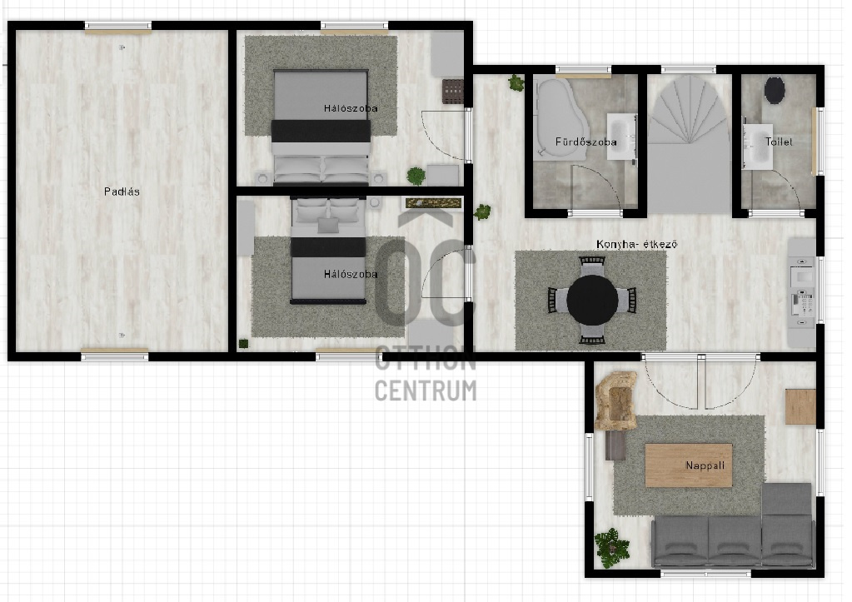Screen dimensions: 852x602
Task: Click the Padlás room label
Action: tap(122, 192)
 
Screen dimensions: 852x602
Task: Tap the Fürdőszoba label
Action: tap(585, 142)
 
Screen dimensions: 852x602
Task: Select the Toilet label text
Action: tap(779, 142)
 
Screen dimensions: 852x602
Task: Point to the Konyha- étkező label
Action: tap(637, 244)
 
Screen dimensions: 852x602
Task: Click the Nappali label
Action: tap(705, 465)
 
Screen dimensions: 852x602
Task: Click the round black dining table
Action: tap(592, 300)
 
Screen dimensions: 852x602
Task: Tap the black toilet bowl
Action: tap(775, 90)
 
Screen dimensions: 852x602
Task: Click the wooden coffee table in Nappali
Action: tap(689, 465)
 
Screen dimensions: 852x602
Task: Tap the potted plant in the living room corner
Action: tap(612, 548)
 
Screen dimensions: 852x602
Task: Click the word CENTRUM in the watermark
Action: tap(426, 391)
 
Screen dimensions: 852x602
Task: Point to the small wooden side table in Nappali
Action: tap(800, 406)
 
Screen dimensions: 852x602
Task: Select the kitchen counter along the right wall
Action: tap(802, 292)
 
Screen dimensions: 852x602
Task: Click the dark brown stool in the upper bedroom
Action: tap(452, 92)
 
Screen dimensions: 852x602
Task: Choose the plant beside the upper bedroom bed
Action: tap(416, 176)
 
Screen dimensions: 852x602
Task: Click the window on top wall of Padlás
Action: tap(118, 27)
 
